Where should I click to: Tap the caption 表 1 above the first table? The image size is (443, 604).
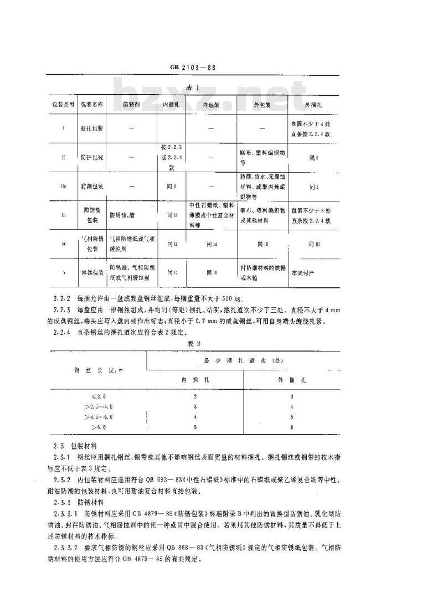tap(193, 87)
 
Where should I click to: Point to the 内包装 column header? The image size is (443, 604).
tap(211, 104)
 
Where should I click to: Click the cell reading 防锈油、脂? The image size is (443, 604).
tap(125, 214)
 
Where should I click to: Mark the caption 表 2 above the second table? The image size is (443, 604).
tap(195, 343)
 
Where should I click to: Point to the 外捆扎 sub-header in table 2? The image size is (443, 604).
tap(292, 380)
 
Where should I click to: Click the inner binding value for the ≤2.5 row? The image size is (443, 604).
tap(195, 397)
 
